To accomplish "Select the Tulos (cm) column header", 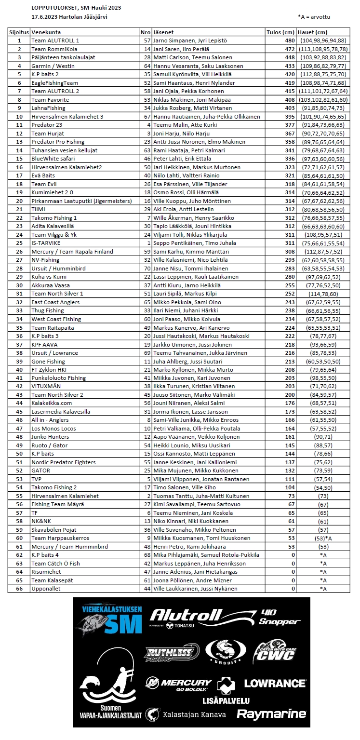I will tap(280, 32).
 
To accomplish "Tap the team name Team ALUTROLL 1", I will tap(55, 40).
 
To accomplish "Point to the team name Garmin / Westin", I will tap(53, 66).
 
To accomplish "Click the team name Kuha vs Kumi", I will tap(50, 277).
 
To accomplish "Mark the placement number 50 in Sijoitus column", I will tap(19, 454).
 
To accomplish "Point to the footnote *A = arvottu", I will tap(314, 16).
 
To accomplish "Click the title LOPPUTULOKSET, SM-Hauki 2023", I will tap(76, 8).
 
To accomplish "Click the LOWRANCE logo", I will tap(275, 683).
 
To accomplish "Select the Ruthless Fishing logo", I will tap(172, 653).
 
